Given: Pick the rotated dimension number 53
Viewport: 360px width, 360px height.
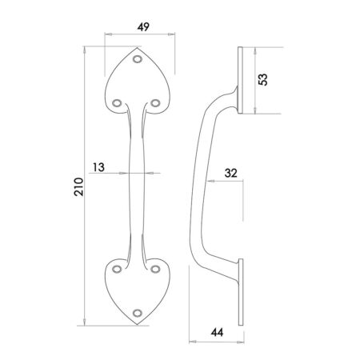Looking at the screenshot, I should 265,79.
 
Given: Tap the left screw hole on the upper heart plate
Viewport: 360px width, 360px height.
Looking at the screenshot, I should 118,102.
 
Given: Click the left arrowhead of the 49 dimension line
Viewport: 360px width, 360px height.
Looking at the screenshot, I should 107,35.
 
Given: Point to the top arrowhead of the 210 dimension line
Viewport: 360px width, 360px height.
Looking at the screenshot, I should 86,49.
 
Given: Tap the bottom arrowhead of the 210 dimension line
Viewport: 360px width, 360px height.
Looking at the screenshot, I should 86,323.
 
